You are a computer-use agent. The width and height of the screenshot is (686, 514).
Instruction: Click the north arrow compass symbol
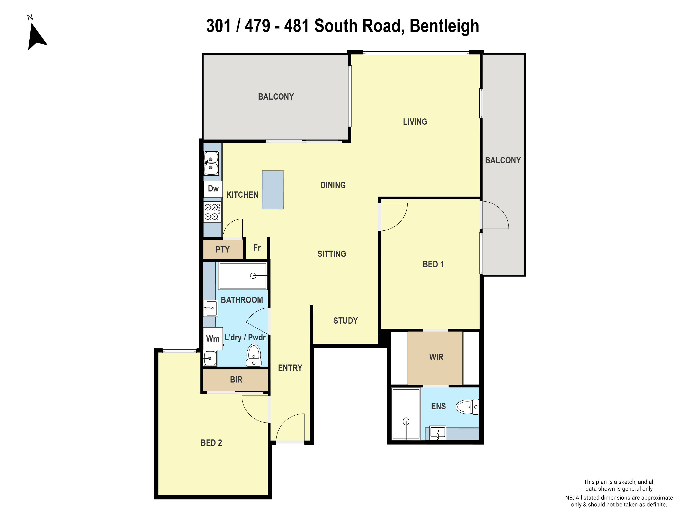[x=37, y=36]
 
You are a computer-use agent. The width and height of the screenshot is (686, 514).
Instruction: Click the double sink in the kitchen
[x=211, y=163]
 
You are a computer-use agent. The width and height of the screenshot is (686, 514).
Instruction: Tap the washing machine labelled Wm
[x=213, y=339]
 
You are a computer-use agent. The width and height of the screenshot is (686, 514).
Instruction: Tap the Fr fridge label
[x=257, y=248]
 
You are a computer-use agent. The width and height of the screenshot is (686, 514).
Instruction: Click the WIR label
[x=436, y=357]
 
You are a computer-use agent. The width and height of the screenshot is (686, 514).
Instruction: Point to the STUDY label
[x=345, y=321]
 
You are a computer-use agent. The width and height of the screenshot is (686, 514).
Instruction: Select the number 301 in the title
[x=219, y=26]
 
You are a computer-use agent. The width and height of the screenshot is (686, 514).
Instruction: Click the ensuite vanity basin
[x=438, y=432]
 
